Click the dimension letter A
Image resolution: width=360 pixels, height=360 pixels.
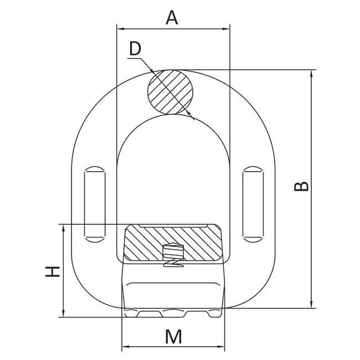[x=172, y=18]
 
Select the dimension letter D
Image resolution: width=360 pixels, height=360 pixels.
[x=135, y=49]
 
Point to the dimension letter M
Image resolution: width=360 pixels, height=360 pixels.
[x=173, y=337]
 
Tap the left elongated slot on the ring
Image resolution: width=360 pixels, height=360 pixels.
[x=94, y=204]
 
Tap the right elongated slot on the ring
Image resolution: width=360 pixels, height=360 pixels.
[x=253, y=204]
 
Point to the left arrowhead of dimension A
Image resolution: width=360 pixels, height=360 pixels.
[x=120, y=28]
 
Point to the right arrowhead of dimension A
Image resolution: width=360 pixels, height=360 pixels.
[x=227, y=28]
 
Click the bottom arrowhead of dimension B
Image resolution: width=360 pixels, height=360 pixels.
[x=313, y=304]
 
